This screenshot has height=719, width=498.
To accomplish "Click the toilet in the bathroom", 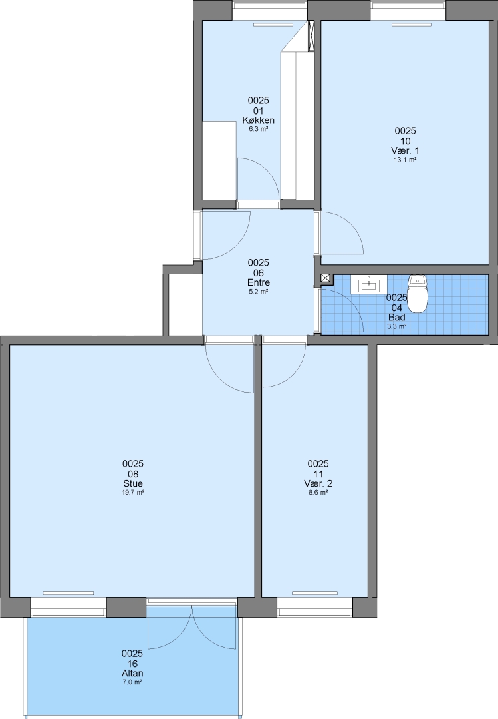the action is click(417, 292).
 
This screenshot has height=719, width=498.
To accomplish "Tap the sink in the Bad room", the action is click(369, 284).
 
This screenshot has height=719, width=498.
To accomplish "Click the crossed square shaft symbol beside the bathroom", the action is click(325, 278).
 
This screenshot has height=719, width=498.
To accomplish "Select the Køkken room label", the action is click(259, 120).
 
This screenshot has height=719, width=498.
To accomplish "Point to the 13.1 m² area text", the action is click(406, 160).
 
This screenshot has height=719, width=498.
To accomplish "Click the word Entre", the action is click(259, 282).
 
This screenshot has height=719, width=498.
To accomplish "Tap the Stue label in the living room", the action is click(133, 483).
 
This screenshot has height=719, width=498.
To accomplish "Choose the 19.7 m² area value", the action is click(133, 493).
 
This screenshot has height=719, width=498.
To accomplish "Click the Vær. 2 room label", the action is click(318, 483).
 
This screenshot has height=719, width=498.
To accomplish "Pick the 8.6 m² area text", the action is click(318, 493).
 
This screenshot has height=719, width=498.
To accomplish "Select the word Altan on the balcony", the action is click(132, 673).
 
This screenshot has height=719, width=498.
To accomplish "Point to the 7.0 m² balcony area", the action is click(132, 682).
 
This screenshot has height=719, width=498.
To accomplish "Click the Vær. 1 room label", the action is click(406, 151).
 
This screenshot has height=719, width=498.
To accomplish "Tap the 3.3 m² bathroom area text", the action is click(397, 326).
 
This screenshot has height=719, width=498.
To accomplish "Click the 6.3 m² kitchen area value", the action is click(259, 129).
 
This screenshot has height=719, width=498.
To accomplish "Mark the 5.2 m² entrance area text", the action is click(259, 292).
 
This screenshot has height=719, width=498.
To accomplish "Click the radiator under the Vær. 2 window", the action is click(314, 593).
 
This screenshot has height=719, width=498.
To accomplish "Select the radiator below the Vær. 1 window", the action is click(411, 25).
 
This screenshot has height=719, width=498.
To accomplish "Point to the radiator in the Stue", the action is click(68, 593).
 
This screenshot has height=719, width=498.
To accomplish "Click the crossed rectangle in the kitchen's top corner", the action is click(312, 35).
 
